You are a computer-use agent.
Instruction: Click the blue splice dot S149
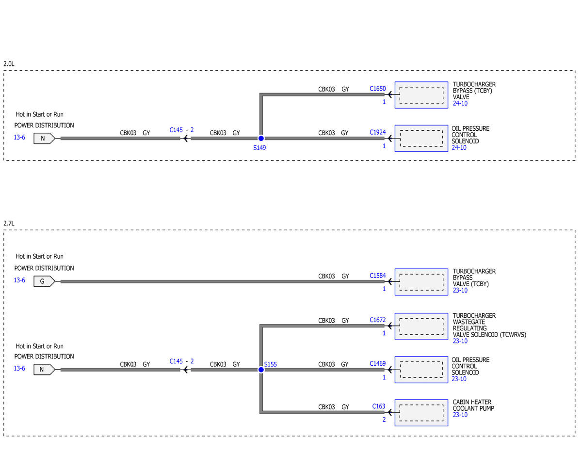pos(261,138)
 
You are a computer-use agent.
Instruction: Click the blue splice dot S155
pos(261,370)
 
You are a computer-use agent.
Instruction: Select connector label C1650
pos(377,89)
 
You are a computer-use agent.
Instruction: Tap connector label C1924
pos(377,132)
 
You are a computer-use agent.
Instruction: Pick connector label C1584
pos(377,276)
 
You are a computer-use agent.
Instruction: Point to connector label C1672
pos(377,320)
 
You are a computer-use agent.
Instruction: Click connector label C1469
pos(377,363)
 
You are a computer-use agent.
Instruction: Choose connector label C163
pos(378,406)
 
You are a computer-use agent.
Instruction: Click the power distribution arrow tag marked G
pos(44,281)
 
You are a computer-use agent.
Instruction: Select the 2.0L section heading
pos(9,64)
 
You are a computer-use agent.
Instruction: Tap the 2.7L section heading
pos(9,223)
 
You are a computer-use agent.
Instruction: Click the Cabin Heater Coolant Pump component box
pos(421,413)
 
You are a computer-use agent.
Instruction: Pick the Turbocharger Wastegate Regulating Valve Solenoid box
pos(421,326)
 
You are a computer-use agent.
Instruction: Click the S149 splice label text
pos(259,148)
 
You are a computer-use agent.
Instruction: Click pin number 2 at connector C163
pos(384,419)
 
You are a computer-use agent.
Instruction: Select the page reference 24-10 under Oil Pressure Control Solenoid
pos(459,148)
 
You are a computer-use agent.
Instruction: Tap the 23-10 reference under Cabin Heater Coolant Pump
pos(460,415)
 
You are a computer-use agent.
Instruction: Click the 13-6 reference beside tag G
pos(19,280)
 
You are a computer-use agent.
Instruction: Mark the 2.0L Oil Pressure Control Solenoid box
pos(421,138)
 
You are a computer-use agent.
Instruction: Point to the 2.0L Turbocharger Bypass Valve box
pos(421,95)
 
